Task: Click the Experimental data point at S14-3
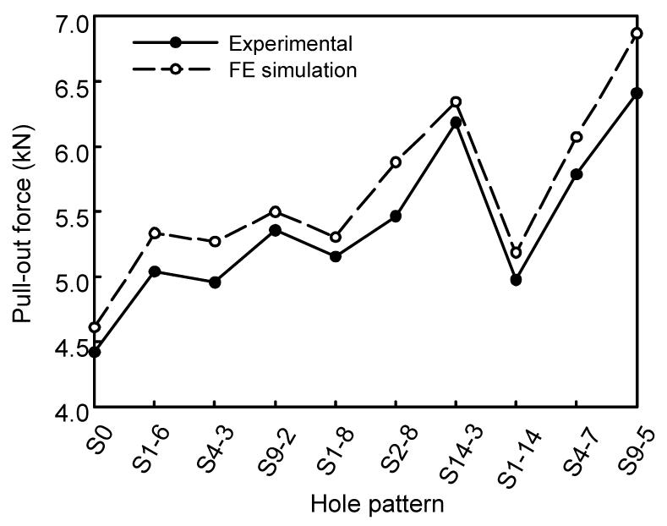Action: (456, 123)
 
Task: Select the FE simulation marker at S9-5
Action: (637, 33)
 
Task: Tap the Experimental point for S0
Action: (95, 352)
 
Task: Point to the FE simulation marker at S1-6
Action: (155, 233)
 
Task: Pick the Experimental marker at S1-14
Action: (516, 280)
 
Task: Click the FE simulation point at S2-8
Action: (396, 162)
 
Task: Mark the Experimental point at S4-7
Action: (577, 174)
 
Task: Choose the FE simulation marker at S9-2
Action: (276, 211)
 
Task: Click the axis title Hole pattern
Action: (377, 504)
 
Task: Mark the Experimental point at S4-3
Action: (216, 282)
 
